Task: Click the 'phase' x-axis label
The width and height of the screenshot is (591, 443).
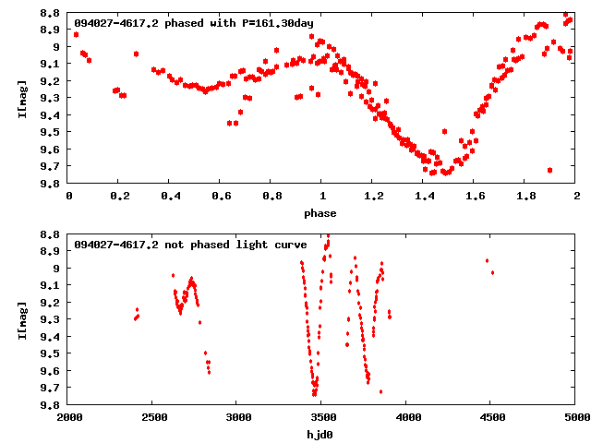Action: point(322,213)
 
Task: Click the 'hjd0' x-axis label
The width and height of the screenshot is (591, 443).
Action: point(322,435)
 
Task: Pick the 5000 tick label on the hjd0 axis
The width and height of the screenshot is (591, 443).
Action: point(576,418)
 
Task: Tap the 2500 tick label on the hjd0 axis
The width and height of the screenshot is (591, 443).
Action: point(153,418)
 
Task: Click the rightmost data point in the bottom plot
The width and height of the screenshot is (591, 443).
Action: point(492,272)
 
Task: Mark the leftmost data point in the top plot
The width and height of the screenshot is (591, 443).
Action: point(76,34)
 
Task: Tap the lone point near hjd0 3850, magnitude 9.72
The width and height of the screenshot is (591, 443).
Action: point(380,391)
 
